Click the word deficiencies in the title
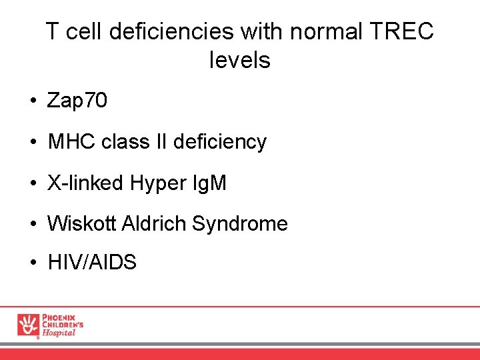pos(177,31)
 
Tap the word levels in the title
pos(239,61)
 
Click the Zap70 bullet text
pos(77,101)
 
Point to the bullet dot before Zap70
pos(32,102)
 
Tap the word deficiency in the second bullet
pos(219,141)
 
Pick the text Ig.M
pos(210,183)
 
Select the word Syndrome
pos(240,223)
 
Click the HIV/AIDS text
pos(92,263)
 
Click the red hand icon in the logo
pos(28,325)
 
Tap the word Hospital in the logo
pos(59,333)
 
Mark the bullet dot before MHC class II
pos(32,143)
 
